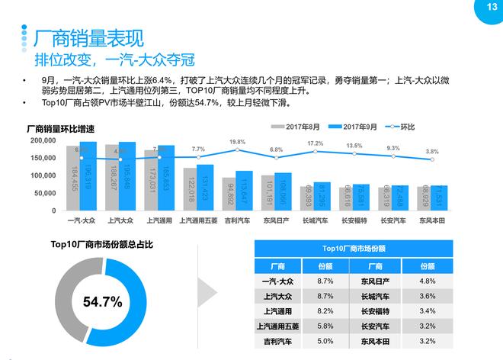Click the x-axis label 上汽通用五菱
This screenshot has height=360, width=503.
pos(198,221)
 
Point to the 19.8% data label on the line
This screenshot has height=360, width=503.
pos(237,142)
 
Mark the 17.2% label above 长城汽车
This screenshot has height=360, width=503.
pos(316,144)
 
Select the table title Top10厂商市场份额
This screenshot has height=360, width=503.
pos(353,249)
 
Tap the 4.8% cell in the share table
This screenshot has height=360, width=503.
pos(428,281)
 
